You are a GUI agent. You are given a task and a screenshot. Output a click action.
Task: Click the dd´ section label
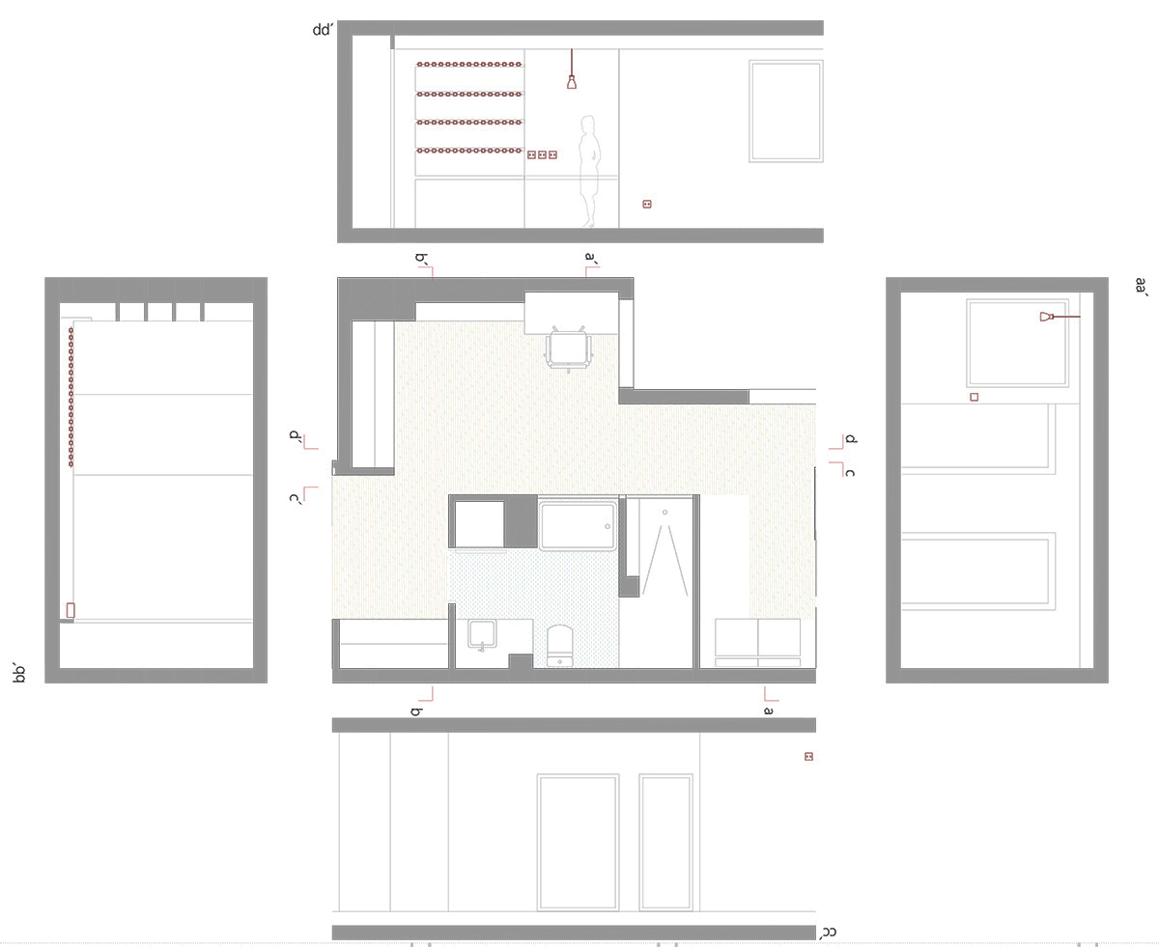pos(323,30)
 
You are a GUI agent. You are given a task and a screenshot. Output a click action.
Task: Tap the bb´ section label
pos(19,674)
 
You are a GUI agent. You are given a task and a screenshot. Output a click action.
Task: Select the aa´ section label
pos(1142,286)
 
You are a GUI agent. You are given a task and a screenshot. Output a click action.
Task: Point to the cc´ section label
pos(829,932)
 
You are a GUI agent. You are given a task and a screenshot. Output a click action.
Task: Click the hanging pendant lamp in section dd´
pos(572,70)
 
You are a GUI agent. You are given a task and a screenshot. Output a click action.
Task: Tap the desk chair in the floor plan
pos(569,349)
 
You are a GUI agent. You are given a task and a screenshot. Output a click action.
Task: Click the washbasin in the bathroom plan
pos(483,634)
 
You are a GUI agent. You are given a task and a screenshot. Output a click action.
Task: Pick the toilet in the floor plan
pos(559,646)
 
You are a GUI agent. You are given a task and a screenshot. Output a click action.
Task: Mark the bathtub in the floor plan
pos(578,525)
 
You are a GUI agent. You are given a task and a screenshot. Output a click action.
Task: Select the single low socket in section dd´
pos(647,205)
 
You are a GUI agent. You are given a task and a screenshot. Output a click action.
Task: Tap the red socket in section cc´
pos(808,757)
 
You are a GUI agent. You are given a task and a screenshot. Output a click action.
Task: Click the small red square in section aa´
pos(975,397)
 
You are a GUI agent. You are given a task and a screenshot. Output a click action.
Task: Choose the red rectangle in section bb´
pos(71,610)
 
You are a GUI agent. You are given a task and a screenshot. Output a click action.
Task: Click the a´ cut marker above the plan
pos(591,266)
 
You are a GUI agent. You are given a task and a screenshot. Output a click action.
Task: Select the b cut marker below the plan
pos(424,701)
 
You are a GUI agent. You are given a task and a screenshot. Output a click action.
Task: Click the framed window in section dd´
pos(786,112)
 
